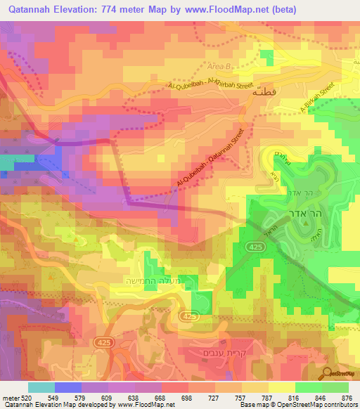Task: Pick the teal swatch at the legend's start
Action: point(41,387)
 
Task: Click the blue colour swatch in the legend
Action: point(68,387)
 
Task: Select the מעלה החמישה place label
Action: point(146,282)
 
